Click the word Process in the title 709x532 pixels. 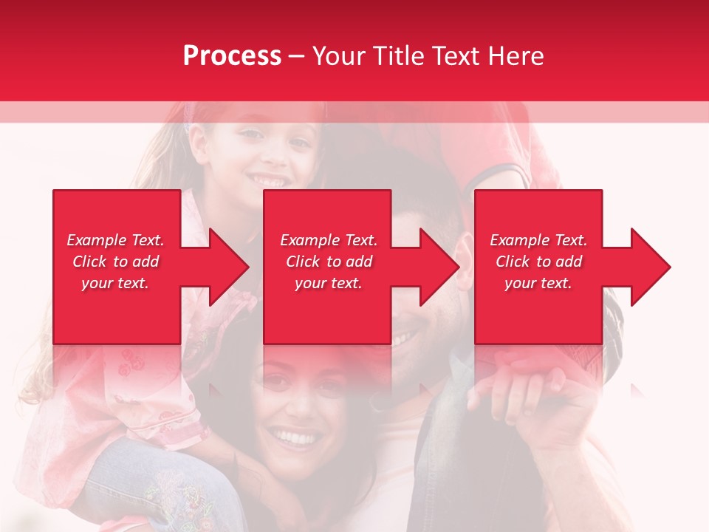pyautogui.click(x=232, y=55)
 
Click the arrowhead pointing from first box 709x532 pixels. pyautogui.click(x=225, y=267)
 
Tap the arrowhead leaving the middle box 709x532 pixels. pyautogui.click(x=436, y=267)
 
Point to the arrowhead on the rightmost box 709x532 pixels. pyautogui.click(x=647, y=267)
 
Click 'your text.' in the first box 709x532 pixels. pyautogui.click(x=115, y=283)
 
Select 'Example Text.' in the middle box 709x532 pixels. pyautogui.click(x=329, y=240)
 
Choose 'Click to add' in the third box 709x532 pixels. pyautogui.click(x=538, y=262)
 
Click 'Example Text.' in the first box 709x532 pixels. pyautogui.click(x=115, y=240)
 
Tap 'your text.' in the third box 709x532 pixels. pyautogui.click(x=538, y=283)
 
